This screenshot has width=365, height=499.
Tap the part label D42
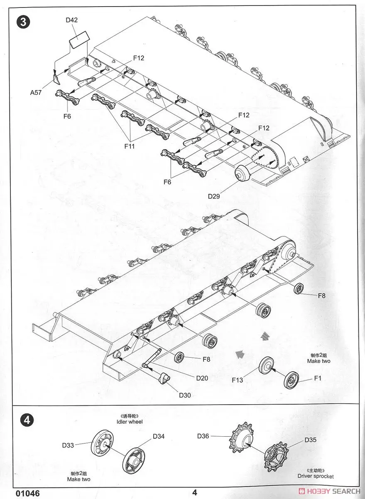tap(71, 20)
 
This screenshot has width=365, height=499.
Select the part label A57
tap(36, 92)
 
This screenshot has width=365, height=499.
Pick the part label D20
tap(202, 378)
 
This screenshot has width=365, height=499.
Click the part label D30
tap(185, 395)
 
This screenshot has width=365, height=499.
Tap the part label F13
tap(238, 380)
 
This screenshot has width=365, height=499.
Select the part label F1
tap(318, 378)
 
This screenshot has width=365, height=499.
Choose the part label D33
tap(68, 445)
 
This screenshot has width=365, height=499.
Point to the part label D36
tap(203, 436)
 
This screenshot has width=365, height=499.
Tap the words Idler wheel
tap(130, 422)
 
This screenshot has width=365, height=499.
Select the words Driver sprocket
tap(315, 476)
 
